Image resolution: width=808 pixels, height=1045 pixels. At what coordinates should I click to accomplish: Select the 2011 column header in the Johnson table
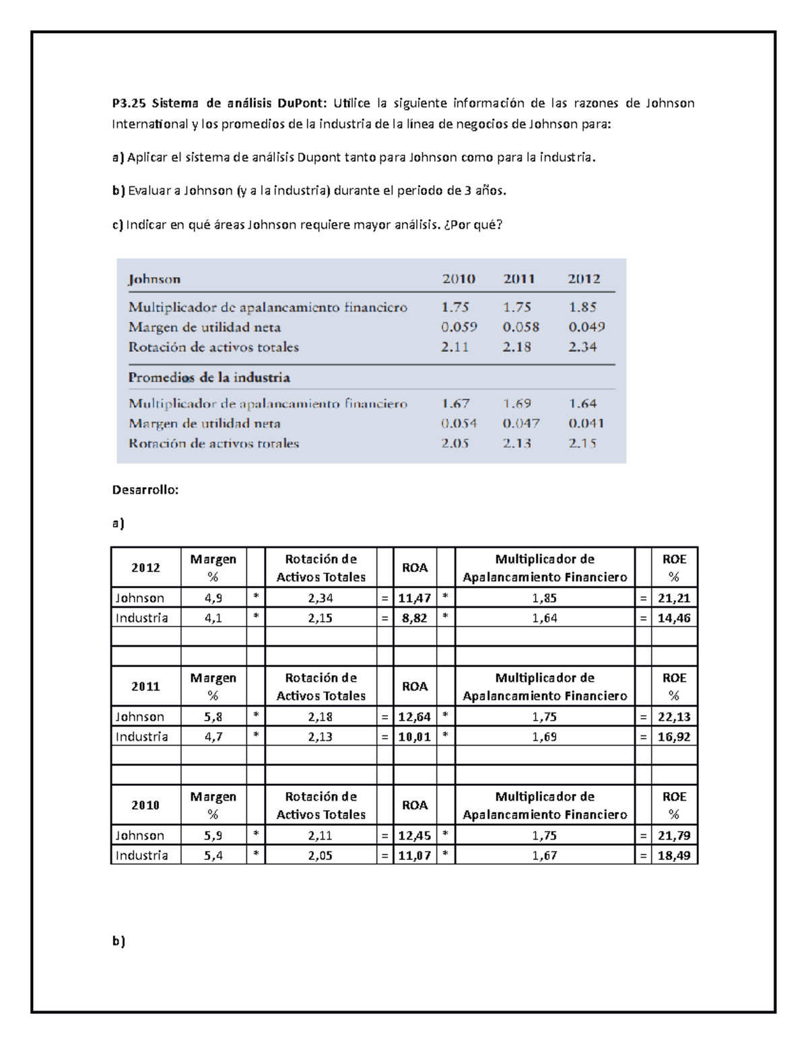click(x=518, y=279)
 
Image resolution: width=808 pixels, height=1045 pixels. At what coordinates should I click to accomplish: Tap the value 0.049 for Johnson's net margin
click(x=586, y=327)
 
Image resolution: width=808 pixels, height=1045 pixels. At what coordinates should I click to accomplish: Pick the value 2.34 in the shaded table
click(x=582, y=347)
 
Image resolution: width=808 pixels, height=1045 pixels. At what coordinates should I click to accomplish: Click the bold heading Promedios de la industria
click(x=209, y=377)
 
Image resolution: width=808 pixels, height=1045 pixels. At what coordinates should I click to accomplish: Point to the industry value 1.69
click(x=516, y=404)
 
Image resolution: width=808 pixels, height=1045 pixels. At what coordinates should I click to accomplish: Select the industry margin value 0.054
click(x=459, y=423)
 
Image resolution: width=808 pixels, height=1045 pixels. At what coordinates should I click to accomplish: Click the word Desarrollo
click(x=145, y=490)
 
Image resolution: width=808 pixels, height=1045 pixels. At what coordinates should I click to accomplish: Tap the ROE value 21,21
click(x=674, y=598)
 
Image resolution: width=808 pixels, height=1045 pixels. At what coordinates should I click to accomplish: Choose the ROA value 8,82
click(x=415, y=618)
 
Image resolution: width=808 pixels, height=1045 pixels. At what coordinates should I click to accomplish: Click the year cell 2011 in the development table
click(x=145, y=686)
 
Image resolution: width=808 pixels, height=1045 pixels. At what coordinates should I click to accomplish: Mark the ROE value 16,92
click(x=674, y=736)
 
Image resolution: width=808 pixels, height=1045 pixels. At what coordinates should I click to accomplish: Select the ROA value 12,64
click(x=415, y=717)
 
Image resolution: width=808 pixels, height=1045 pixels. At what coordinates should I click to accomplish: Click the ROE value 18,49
click(x=674, y=855)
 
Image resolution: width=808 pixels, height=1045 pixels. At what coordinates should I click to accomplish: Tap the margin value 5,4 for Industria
click(x=213, y=855)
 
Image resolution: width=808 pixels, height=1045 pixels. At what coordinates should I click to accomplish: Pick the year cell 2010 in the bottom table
click(x=145, y=805)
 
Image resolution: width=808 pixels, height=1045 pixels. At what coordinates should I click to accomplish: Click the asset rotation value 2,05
click(x=321, y=855)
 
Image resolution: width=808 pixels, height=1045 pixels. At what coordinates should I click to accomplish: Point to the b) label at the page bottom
click(x=119, y=941)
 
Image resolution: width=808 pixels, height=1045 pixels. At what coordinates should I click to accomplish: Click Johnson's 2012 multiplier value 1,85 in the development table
click(x=544, y=598)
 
